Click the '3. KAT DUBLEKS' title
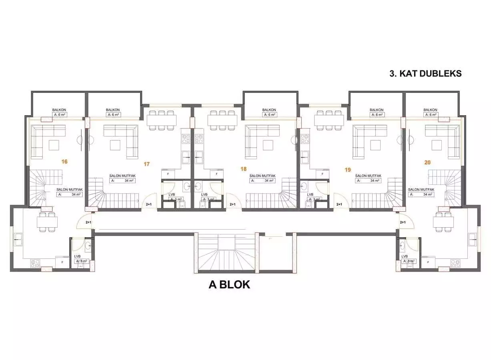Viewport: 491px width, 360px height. point(425,74)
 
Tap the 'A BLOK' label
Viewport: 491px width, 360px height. point(229,284)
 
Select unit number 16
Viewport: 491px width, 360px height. point(64,162)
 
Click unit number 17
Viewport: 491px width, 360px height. point(146,164)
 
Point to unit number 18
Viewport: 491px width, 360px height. point(243,169)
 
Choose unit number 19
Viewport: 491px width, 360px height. point(347,170)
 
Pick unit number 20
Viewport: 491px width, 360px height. point(427,162)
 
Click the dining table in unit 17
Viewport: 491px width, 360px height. point(161,120)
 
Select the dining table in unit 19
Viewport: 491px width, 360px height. point(329,120)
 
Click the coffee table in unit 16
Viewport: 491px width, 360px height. point(54,144)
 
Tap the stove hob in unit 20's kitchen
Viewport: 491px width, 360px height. point(455,263)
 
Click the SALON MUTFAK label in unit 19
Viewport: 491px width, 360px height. point(368,176)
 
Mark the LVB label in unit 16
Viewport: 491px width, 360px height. point(78,256)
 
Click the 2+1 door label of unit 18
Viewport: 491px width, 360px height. point(232,204)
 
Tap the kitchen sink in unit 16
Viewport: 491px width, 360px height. point(18,241)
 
